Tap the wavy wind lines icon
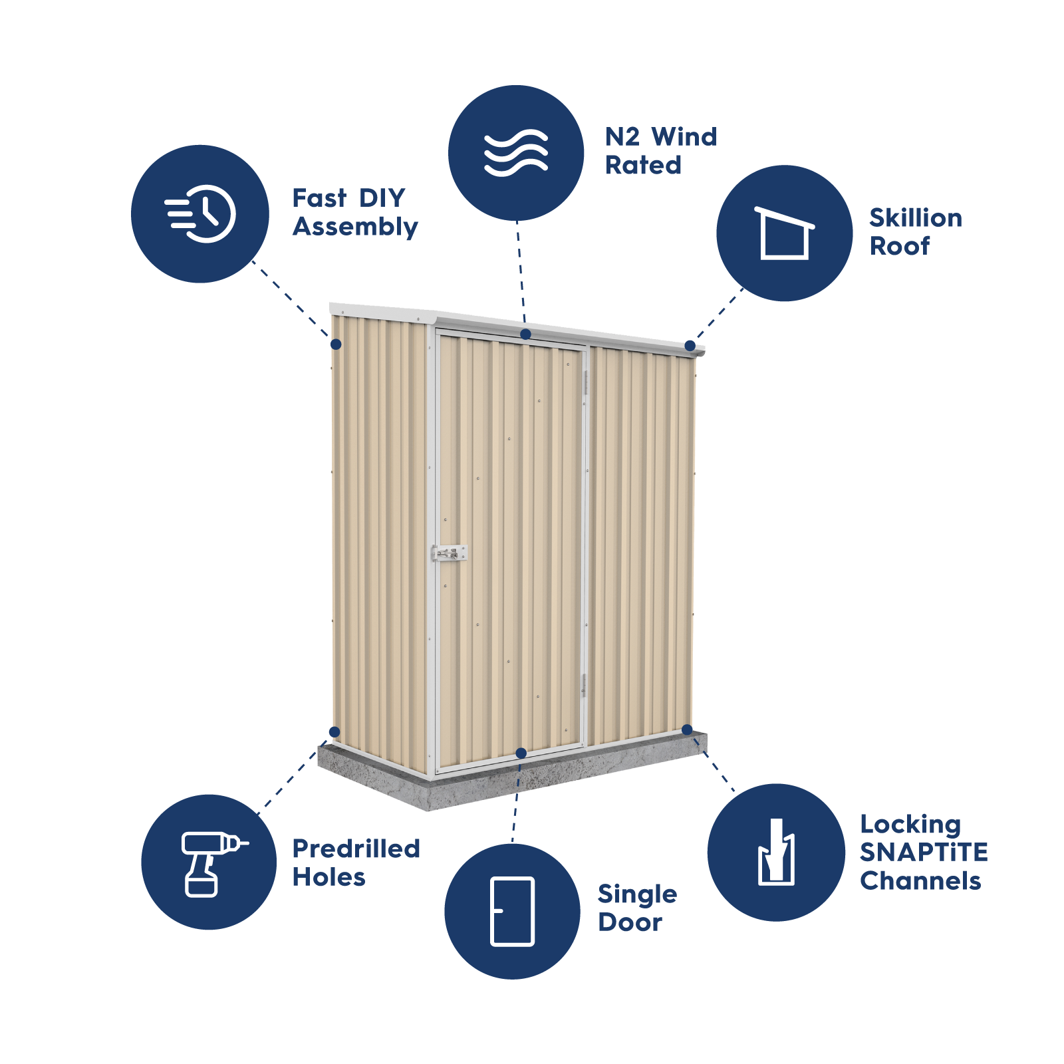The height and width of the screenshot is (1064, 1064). point(516,153)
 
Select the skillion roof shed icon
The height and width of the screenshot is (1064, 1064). point(785,233)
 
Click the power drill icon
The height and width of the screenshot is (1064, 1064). point(209,863)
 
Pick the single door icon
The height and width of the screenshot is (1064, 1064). point(512,911)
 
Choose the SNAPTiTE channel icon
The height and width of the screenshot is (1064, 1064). point(776,853)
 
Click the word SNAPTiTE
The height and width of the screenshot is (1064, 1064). point(923,853)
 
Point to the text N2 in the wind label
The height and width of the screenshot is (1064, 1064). point(622,137)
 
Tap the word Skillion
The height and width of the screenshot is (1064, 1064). point(915,218)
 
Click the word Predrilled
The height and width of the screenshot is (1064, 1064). point(356,849)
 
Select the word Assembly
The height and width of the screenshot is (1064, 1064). point(355,227)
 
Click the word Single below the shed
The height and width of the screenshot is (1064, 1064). point(637,895)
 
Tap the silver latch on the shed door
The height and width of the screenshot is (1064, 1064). point(450,553)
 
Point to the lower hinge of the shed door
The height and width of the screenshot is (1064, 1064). point(584,685)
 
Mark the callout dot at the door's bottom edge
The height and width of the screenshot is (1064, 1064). point(521,753)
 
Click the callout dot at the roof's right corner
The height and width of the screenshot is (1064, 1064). point(690,346)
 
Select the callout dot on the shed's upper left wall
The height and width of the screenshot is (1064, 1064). point(336,344)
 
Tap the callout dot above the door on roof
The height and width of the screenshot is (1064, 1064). point(525,334)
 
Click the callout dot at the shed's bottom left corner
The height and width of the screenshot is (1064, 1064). point(334,732)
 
